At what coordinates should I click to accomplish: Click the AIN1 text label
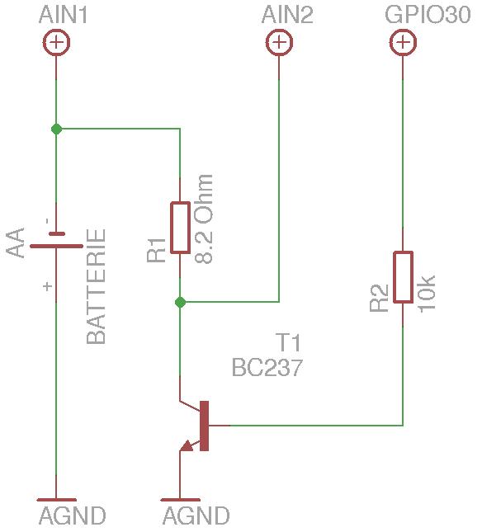[x=63, y=16]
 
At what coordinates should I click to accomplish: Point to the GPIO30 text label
[x=428, y=15]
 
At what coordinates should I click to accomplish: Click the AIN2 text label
[x=287, y=16]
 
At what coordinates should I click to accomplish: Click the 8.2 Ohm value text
[x=205, y=219]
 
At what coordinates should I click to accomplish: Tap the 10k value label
[x=427, y=294]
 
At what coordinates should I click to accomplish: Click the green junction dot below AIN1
[x=56, y=129]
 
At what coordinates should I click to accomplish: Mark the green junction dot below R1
[x=180, y=302]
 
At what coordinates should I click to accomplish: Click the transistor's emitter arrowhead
[x=187, y=446]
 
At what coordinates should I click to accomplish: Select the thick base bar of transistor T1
[x=205, y=426]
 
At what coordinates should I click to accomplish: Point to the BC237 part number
[x=267, y=367]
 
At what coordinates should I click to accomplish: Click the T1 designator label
[x=288, y=342]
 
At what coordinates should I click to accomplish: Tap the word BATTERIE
[x=96, y=287]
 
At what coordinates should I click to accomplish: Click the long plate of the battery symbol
[x=56, y=246]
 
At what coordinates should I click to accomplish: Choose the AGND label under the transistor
[x=196, y=516]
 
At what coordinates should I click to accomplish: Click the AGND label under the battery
[x=73, y=516]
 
